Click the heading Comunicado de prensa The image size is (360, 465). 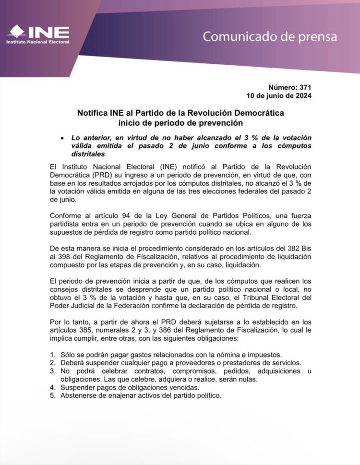[269, 36]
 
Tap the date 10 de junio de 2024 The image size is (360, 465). [278, 96]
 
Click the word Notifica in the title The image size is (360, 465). [93, 113]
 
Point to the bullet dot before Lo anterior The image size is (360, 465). [62, 137]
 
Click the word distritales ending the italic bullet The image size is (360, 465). [88, 154]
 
